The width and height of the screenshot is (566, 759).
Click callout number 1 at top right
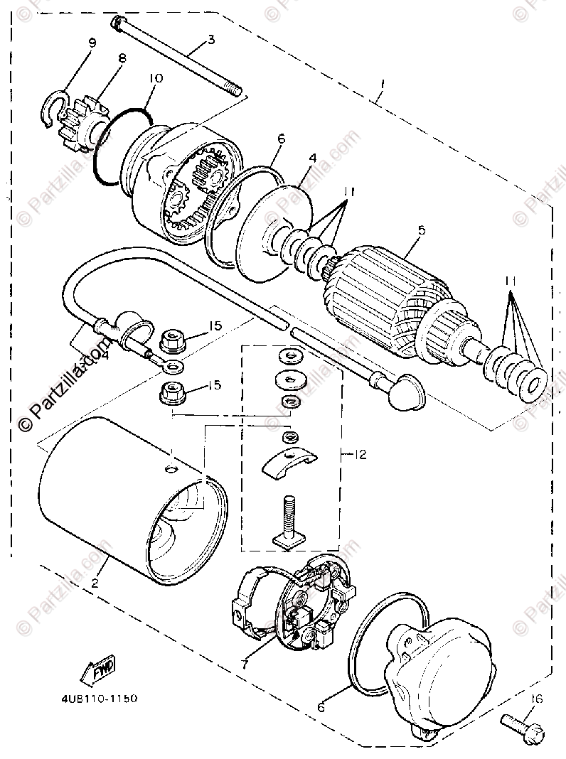click(x=383, y=85)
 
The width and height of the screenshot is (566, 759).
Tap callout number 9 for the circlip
click(x=92, y=43)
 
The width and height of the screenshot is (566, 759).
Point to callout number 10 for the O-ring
click(x=156, y=77)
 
